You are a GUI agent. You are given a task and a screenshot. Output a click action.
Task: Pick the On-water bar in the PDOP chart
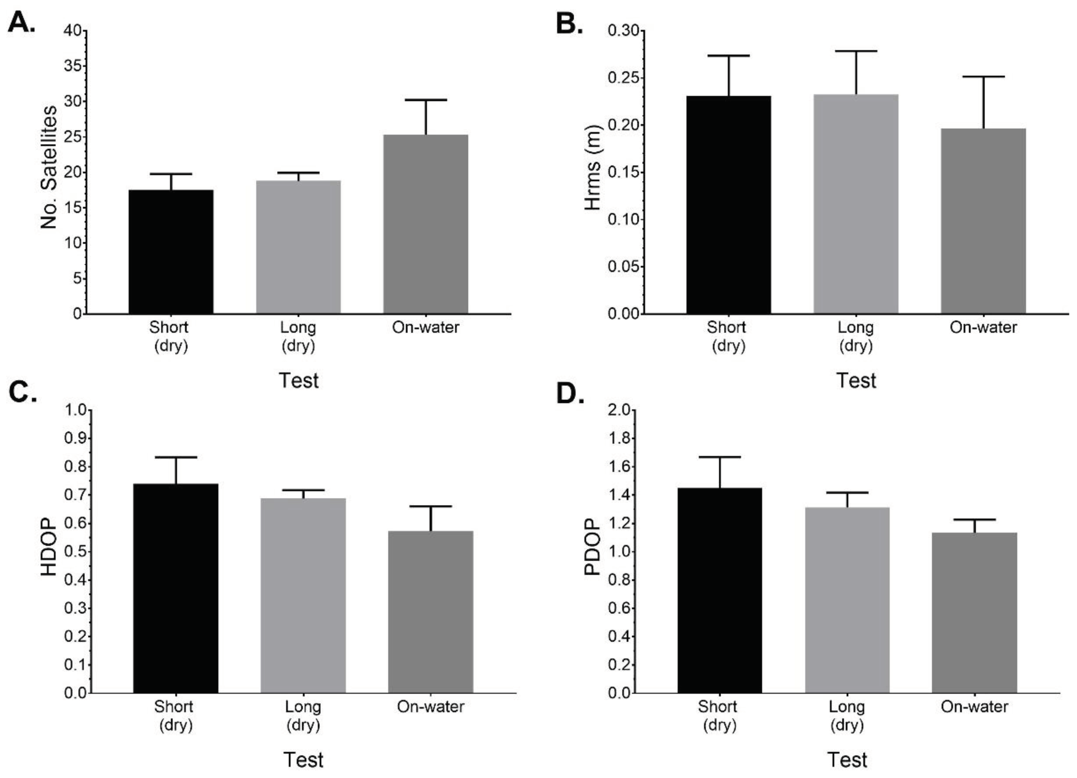click(x=974, y=612)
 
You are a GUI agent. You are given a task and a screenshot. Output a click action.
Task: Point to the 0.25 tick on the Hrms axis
click(x=623, y=78)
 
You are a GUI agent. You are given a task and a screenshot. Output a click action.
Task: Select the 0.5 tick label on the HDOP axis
click(x=76, y=552)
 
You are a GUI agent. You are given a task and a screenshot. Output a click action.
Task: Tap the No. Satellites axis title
click(x=49, y=167)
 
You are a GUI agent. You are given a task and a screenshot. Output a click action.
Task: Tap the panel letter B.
click(x=569, y=23)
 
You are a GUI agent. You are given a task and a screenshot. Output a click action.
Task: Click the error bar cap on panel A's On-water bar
click(x=426, y=100)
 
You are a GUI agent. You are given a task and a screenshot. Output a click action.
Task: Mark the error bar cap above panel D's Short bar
click(x=720, y=457)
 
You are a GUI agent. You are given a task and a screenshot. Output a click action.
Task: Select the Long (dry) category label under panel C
click(x=303, y=716)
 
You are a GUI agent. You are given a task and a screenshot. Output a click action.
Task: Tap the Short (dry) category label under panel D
click(x=718, y=716)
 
